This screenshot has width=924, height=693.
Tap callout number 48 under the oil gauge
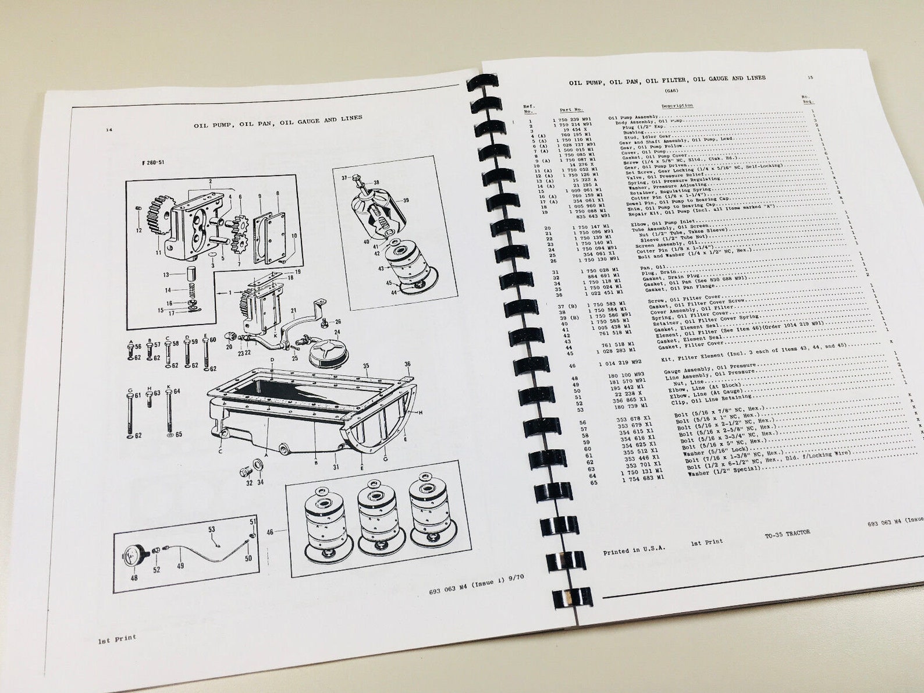(134, 578)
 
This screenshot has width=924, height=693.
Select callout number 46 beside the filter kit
(270, 532)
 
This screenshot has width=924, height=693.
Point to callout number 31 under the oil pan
(336, 467)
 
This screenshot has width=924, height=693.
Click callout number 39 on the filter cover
(406, 200)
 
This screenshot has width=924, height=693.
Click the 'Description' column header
(677, 105)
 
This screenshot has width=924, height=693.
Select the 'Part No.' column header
(571, 109)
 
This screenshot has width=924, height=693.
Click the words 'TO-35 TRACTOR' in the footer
(787, 533)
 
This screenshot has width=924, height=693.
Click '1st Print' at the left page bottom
(117, 639)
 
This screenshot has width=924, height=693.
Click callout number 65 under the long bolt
(179, 434)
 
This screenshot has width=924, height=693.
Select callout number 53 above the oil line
(211, 529)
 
